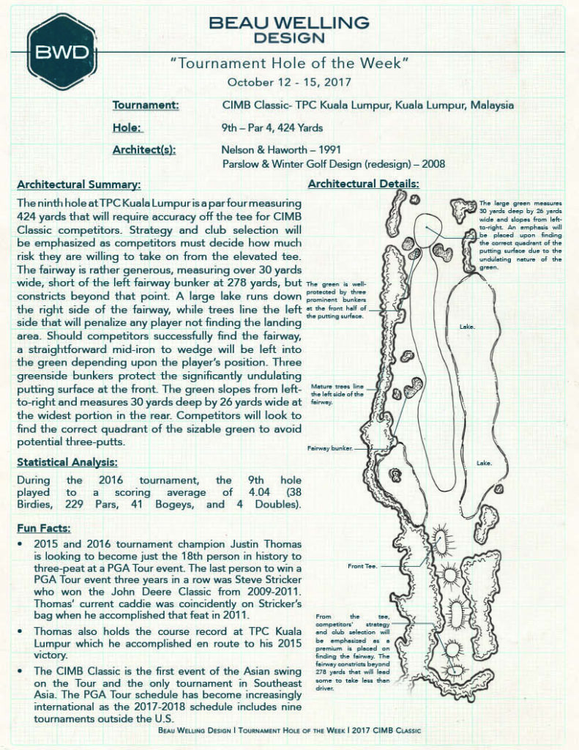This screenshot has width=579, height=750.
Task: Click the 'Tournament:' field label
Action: coord(146,105)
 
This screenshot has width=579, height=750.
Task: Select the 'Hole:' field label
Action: coord(127,127)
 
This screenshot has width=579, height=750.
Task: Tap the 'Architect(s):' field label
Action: coord(144,150)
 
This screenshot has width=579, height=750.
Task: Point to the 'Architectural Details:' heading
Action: coord(363,184)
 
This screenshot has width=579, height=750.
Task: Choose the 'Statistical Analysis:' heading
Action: coord(67,462)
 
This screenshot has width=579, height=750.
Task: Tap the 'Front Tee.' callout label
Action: coord(362,566)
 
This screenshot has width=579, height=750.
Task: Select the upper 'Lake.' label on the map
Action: coord(467,326)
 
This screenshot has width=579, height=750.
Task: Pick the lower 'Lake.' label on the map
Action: coord(484,464)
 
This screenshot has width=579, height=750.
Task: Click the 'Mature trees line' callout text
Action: coord(337,386)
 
